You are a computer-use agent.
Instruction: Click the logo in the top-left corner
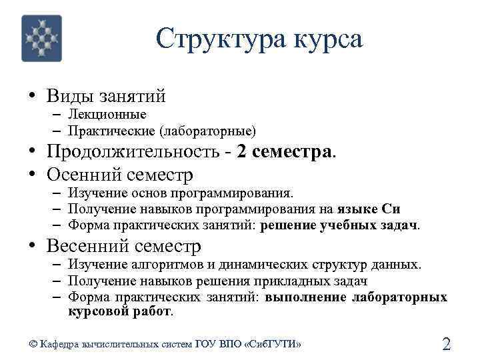pos(42,39)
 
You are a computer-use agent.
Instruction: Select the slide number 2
pos(446,344)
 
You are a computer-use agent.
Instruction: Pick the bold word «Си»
pos(391,209)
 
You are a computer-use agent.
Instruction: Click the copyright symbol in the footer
pos(33,344)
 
